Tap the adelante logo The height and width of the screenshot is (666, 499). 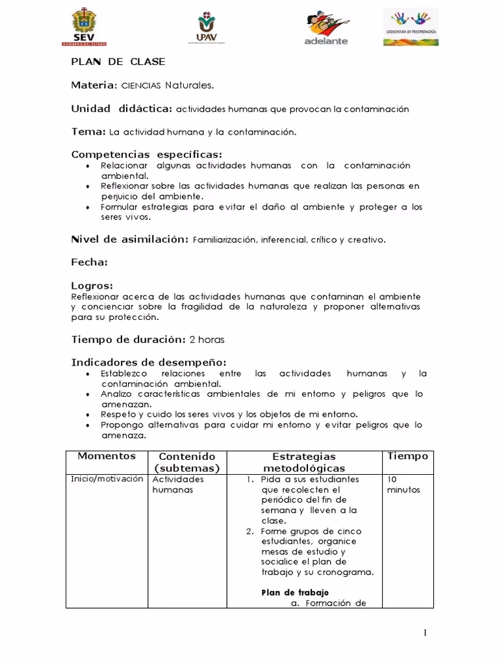(326, 29)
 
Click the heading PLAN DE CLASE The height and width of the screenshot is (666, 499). (118, 62)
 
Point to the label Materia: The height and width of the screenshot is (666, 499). (94, 85)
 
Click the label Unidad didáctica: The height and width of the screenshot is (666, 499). (122, 108)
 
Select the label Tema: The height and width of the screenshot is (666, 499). (88, 131)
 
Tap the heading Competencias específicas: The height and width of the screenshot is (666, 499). (146, 155)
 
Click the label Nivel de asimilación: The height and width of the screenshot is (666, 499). (130, 239)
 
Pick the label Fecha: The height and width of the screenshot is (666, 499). (89, 263)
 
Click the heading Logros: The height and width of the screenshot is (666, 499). (92, 286)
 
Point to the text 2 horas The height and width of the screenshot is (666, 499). (207, 340)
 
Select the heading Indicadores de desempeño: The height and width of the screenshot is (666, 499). (148, 362)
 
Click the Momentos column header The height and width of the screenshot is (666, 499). (107, 457)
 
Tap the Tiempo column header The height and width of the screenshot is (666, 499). (407, 457)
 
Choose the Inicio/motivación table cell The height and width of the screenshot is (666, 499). (107, 479)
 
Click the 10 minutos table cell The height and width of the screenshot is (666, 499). (403, 485)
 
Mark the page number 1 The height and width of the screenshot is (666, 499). (425, 633)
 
